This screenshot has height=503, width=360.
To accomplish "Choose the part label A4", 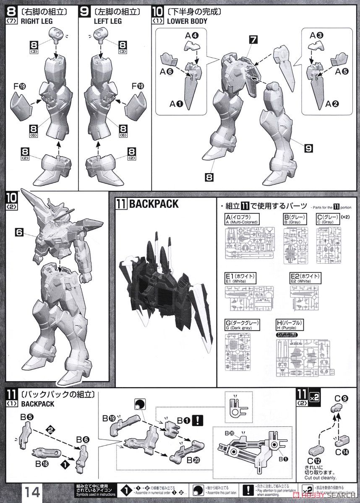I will (191, 35).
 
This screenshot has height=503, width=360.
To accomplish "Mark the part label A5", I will (342, 71).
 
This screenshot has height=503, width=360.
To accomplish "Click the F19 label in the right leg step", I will (19, 87).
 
